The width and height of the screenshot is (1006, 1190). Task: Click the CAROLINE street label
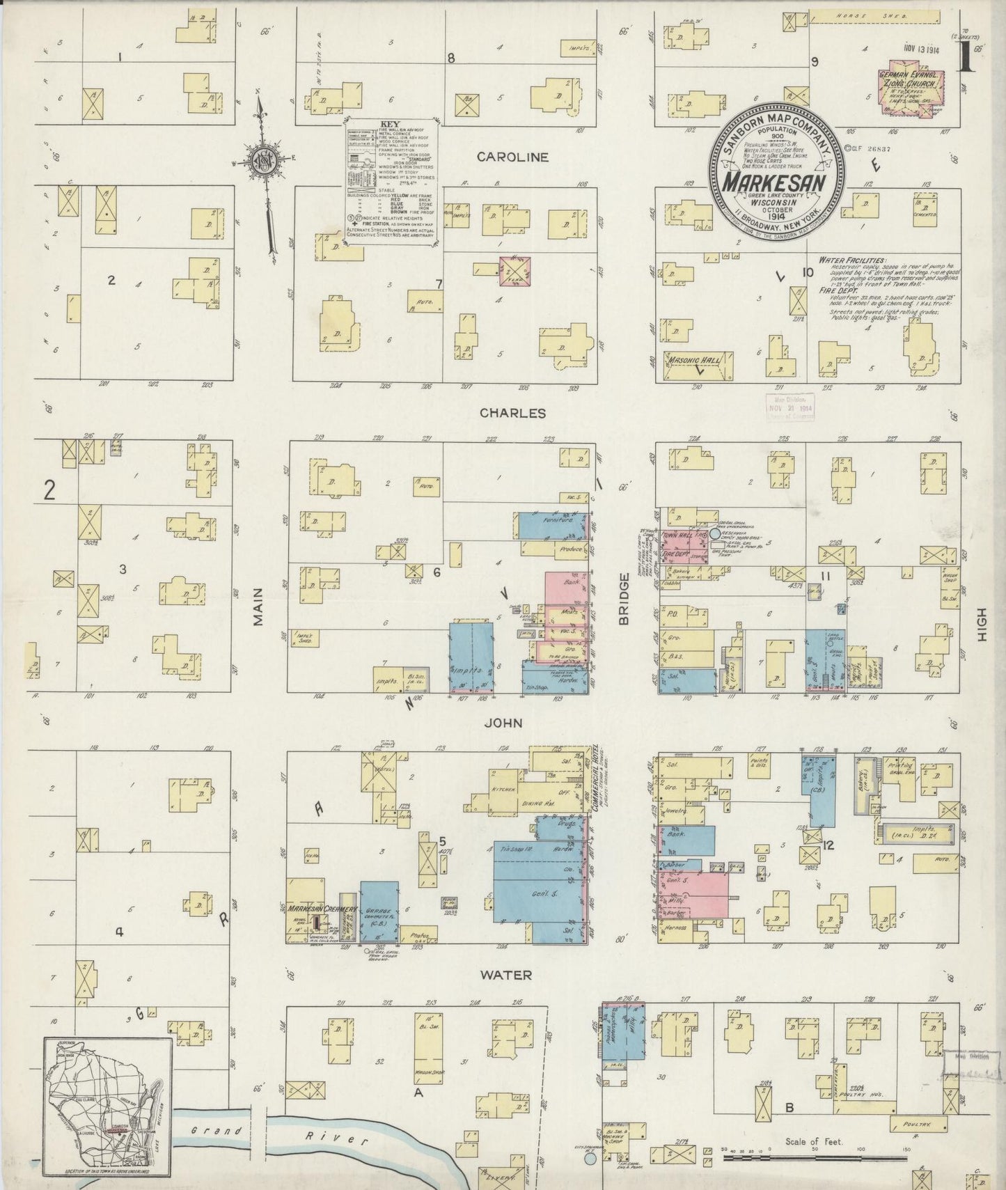point(512,157)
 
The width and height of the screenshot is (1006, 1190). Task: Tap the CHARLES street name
point(512,413)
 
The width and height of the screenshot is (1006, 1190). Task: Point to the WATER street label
point(507,975)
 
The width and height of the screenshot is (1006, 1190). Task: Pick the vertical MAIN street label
point(258,606)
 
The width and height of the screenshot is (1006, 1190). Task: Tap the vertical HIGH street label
point(982,624)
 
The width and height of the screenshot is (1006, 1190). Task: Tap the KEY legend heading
point(389,125)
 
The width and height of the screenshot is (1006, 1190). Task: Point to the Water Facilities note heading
point(851,259)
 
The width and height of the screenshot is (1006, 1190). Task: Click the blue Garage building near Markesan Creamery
point(379,912)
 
